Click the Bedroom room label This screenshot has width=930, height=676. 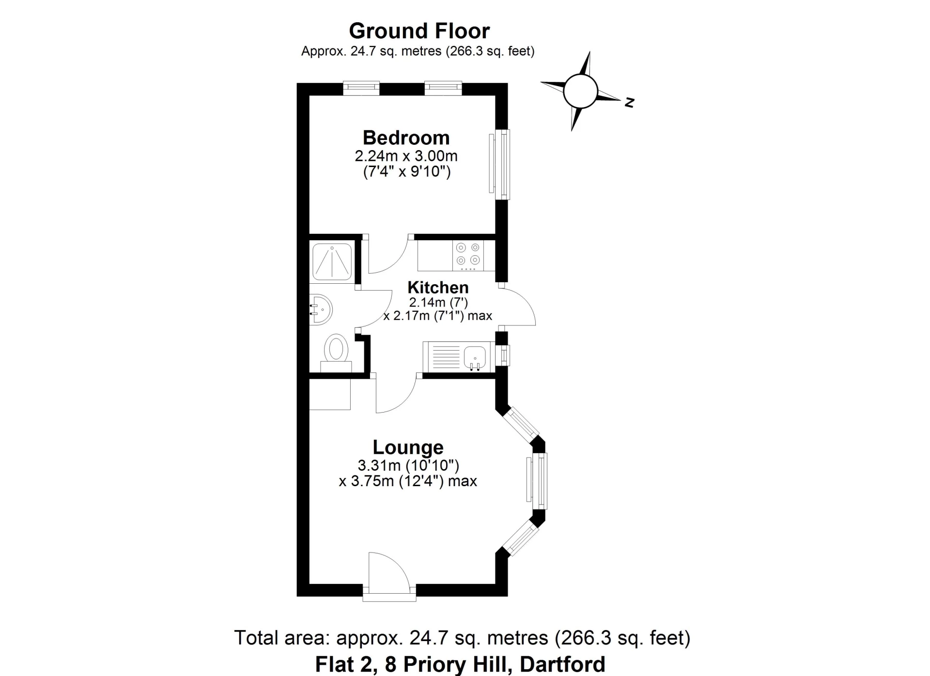(x=406, y=138)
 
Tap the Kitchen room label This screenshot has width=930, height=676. (x=438, y=287)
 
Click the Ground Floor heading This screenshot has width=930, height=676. (x=419, y=31)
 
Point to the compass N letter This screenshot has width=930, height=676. (x=629, y=103)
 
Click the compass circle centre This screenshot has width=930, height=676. (x=580, y=91)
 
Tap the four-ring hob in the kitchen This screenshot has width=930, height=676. (x=468, y=255)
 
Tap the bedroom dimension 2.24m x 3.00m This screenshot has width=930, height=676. (x=406, y=156)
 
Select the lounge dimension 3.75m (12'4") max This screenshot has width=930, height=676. (x=408, y=481)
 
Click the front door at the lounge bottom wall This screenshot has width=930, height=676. (x=389, y=576)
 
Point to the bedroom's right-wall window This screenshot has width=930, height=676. (x=502, y=164)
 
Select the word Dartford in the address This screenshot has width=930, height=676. (x=562, y=664)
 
